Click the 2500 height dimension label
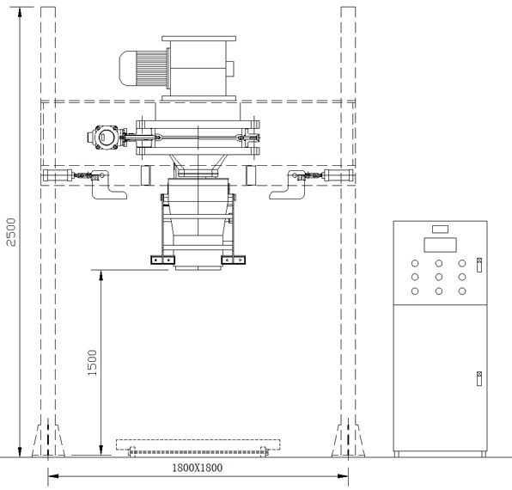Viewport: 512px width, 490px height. [x=11, y=232]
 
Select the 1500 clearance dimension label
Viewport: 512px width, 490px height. [x=93, y=363]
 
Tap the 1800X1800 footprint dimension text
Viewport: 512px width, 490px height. [x=198, y=468]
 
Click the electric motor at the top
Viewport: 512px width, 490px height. [x=143, y=69]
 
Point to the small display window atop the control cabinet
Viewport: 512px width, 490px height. [x=440, y=229]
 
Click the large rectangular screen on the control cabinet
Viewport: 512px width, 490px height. [x=440, y=245]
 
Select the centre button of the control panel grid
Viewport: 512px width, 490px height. [x=439, y=277]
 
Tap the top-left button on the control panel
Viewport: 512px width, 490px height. [x=415, y=263]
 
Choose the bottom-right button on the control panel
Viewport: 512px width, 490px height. [x=462, y=291]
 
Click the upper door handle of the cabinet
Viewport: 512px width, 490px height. [x=479, y=265]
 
